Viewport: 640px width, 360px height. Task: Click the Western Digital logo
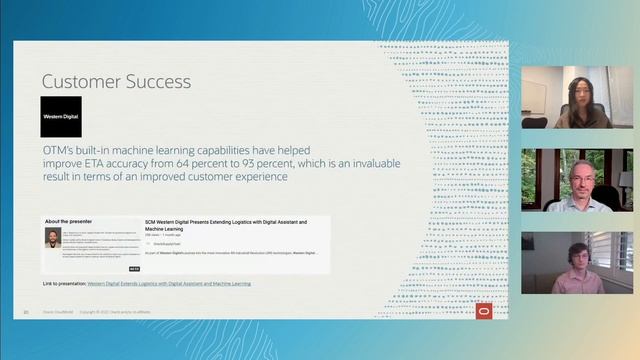pyautogui.click(x=61, y=116)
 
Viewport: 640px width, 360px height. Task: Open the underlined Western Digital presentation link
pyautogui.click(x=169, y=284)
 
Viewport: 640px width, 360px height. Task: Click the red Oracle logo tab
pyautogui.click(x=484, y=309)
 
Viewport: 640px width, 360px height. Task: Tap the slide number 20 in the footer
pyautogui.click(x=25, y=311)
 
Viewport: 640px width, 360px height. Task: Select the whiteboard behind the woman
pyautogui.click(x=534, y=96)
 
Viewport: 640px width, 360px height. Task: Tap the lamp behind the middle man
pyautogui.click(x=625, y=180)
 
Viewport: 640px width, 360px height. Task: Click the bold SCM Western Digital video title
pyautogui.click(x=225, y=224)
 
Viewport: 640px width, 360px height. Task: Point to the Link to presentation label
pyautogui.click(x=64, y=284)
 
